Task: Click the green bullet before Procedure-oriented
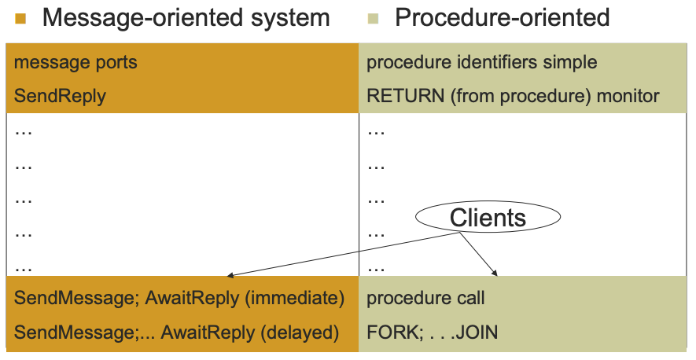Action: click(373, 18)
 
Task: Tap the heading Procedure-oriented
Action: click(503, 17)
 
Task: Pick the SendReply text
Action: click(60, 97)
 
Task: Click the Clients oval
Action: click(488, 217)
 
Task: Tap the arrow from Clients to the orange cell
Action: click(338, 255)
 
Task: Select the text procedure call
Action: click(425, 299)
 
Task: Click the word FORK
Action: click(389, 333)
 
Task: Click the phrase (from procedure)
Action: click(518, 97)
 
